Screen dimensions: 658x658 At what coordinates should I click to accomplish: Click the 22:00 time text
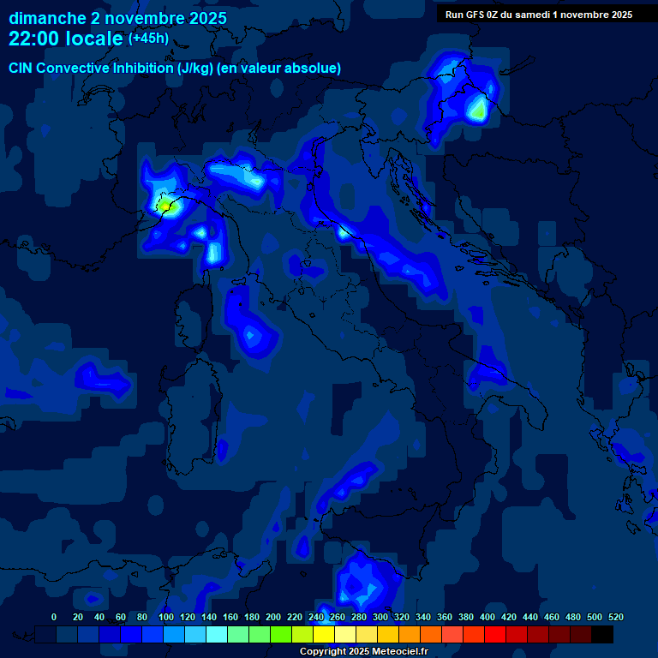tap(34, 39)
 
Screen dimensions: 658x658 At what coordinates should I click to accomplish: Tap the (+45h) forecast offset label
tap(148, 38)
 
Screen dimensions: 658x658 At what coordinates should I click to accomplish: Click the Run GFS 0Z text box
tap(539, 14)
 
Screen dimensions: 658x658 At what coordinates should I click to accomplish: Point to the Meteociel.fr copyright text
tap(363, 652)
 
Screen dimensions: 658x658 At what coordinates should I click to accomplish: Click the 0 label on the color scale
tap(54, 617)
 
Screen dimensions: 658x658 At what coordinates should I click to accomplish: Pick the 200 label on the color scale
tap(273, 617)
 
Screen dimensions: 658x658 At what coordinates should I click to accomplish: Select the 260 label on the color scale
tap(338, 617)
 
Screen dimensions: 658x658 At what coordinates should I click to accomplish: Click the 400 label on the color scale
tap(488, 617)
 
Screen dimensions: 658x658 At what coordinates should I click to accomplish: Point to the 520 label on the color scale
tap(615, 617)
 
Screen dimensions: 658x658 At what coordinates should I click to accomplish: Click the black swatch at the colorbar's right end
tap(602, 634)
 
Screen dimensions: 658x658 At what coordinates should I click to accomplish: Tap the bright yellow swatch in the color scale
tap(324, 634)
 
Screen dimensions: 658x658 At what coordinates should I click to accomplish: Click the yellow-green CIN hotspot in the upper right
tap(477, 110)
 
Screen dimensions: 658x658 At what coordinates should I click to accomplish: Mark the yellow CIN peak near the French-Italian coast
tap(164, 206)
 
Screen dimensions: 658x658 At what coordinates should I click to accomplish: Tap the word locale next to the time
tap(94, 39)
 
